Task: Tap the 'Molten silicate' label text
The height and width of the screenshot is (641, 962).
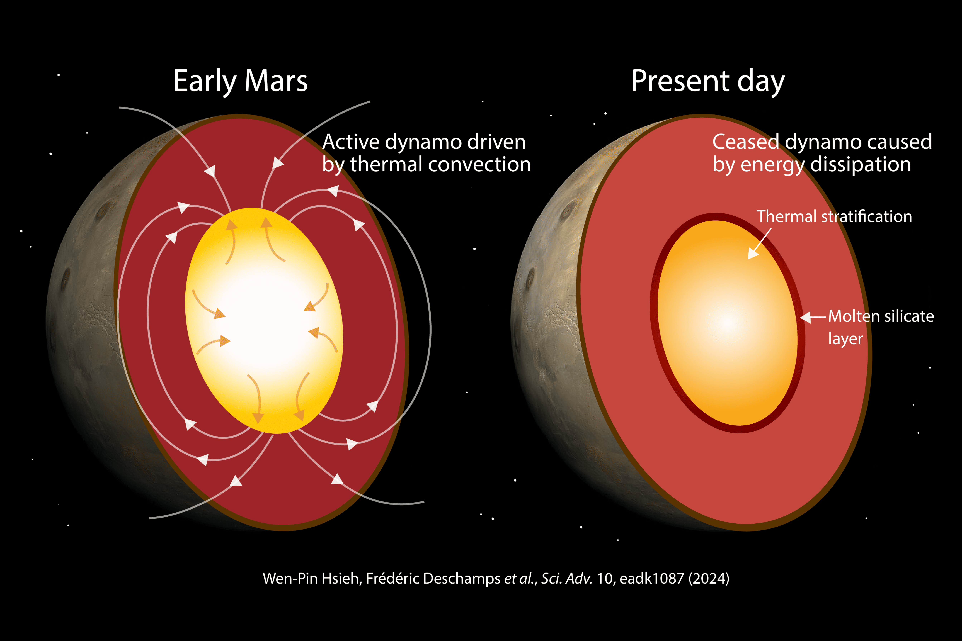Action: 881,316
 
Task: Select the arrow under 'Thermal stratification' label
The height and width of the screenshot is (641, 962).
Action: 760,244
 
